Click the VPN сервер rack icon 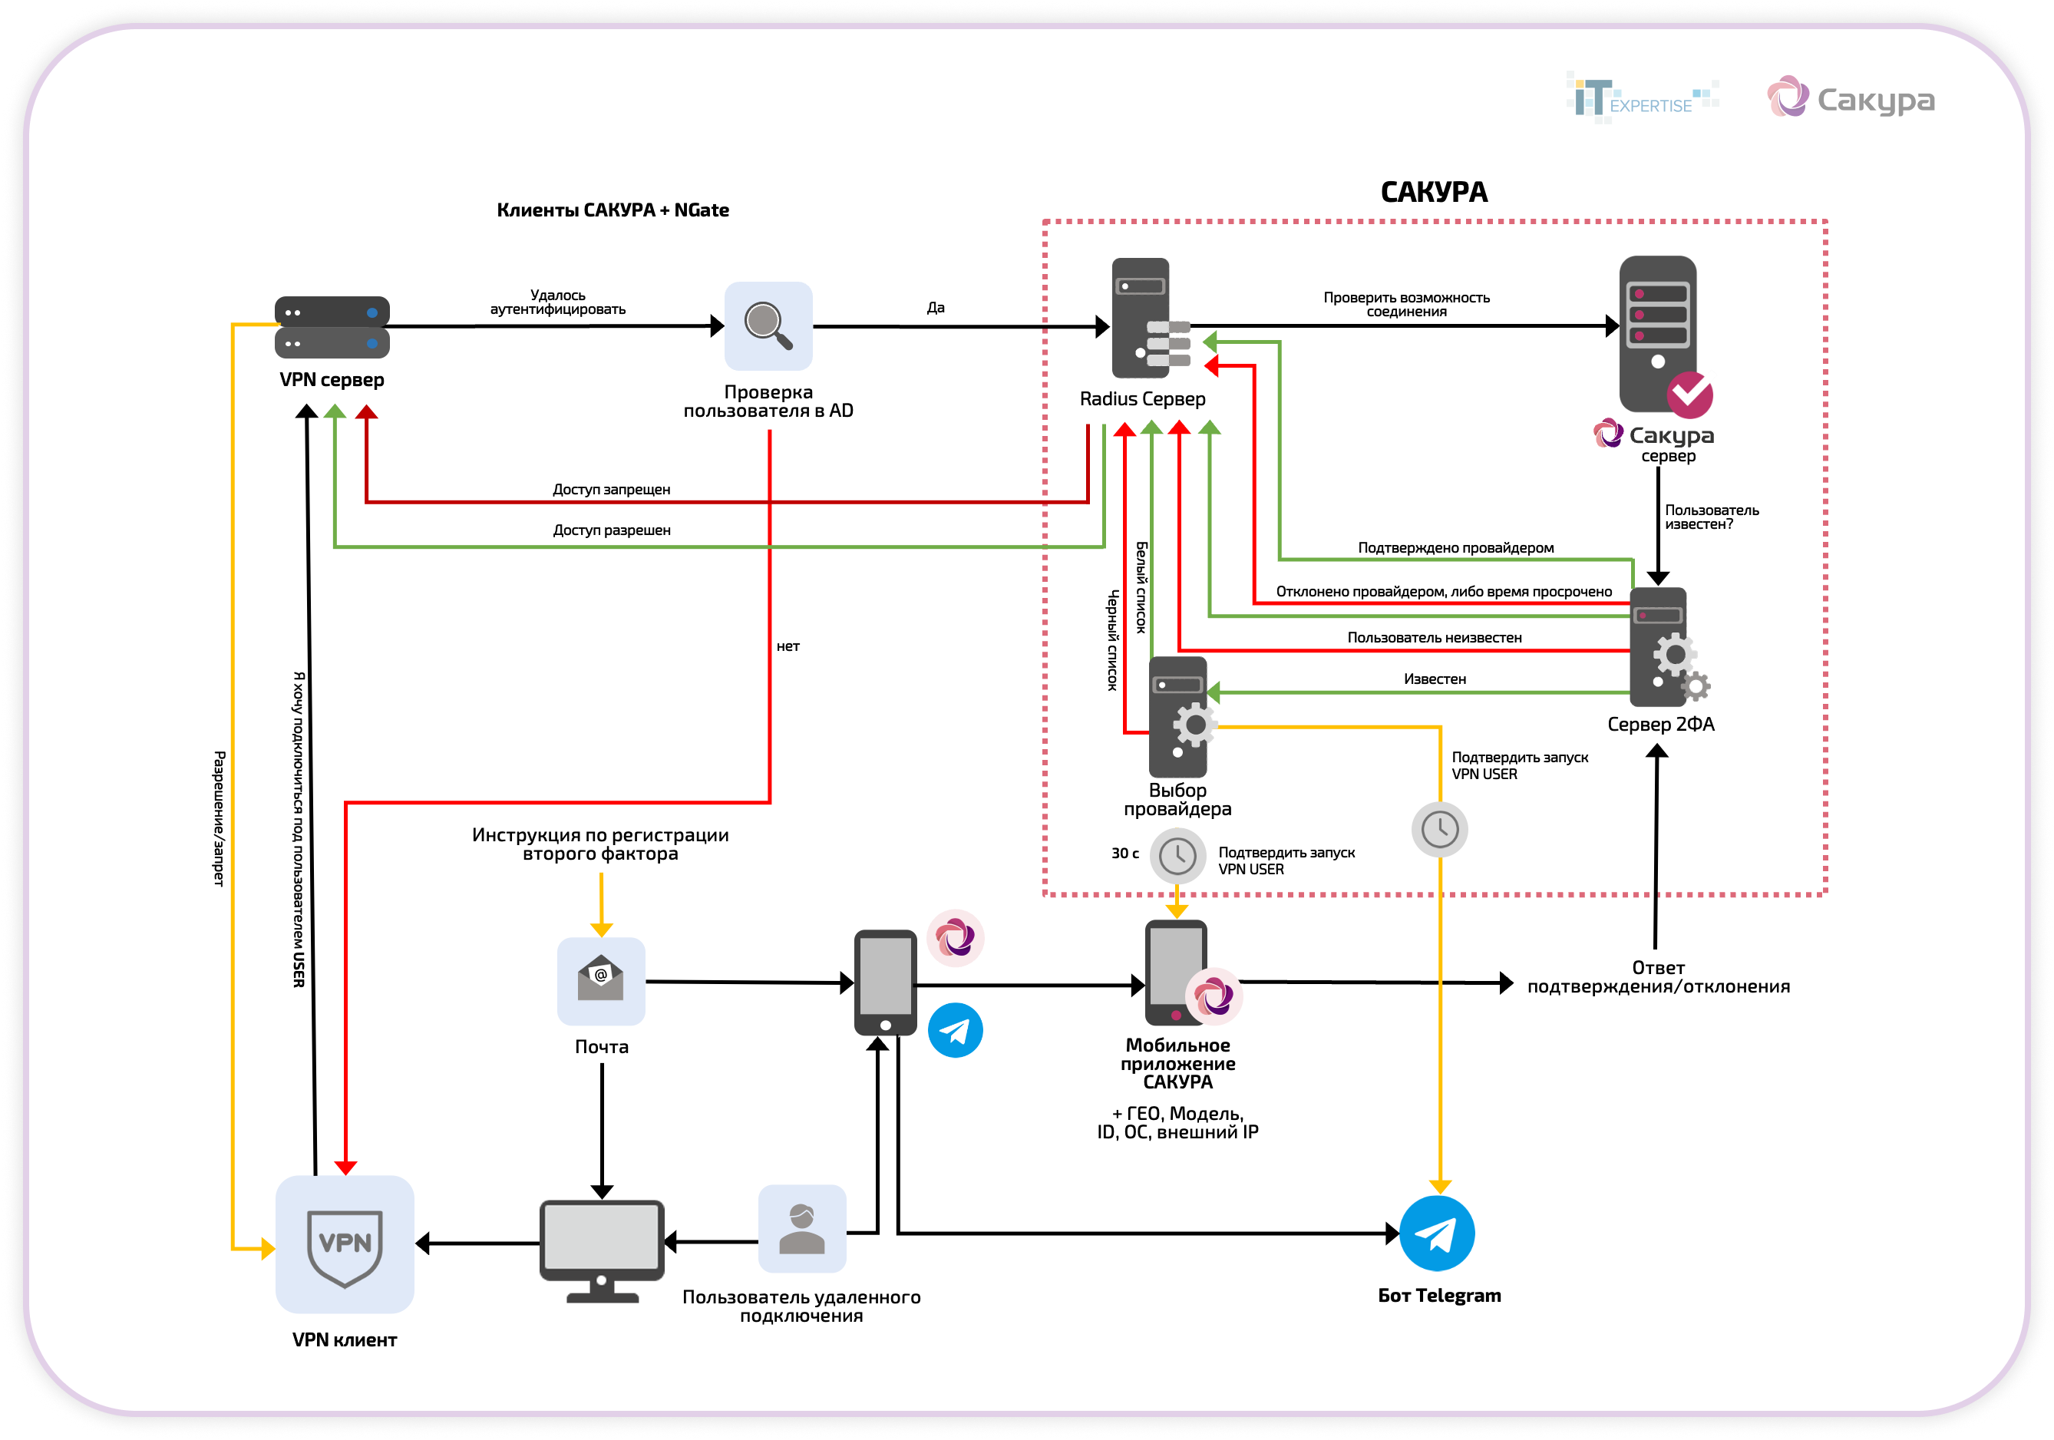tap(332, 327)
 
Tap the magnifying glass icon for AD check tap(768, 326)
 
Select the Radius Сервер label tap(1142, 399)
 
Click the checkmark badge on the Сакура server tap(1690, 395)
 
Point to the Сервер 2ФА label tap(1660, 725)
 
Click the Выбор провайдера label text tap(1177, 800)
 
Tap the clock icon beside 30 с tap(1177, 856)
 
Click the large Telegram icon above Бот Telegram tap(1437, 1234)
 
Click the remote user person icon tap(801, 1229)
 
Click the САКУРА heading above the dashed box tap(1434, 193)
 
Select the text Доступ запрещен tap(611, 489)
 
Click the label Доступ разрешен tap(611, 530)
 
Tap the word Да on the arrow tap(936, 308)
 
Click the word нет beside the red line tap(788, 646)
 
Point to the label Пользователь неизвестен tap(1434, 638)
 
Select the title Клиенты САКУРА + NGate tap(613, 210)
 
